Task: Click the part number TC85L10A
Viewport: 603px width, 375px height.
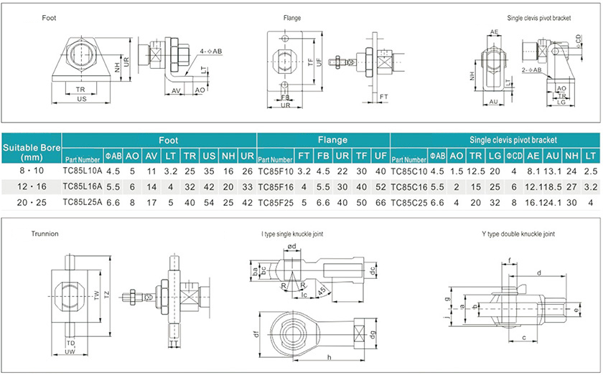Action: coord(82,171)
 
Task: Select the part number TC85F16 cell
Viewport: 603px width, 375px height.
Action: coord(275,186)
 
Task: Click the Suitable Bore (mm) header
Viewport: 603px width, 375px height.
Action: coord(32,150)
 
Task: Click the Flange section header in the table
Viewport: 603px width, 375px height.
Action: coord(323,140)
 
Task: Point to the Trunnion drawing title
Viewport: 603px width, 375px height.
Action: coord(45,234)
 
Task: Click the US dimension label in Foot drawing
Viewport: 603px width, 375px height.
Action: coord(83,99)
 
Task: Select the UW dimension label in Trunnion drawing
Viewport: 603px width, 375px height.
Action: coord(70,351)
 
